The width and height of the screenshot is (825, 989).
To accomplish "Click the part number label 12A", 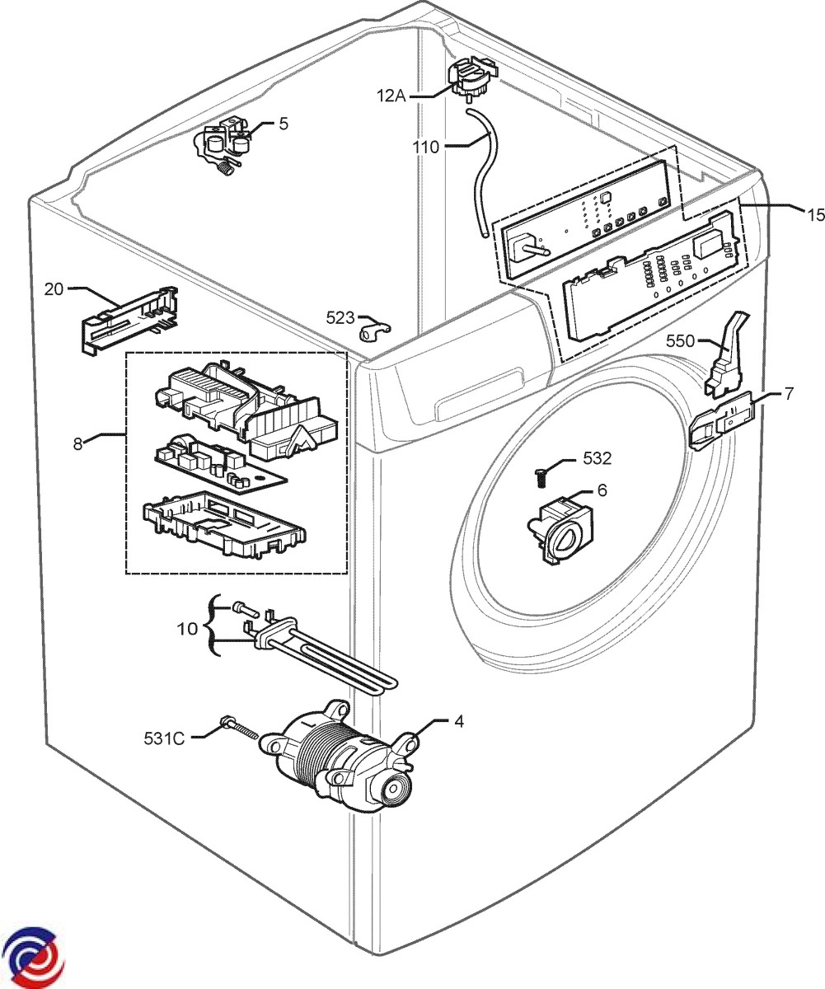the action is [391, 96].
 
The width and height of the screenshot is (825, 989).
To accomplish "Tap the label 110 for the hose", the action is [426, 148].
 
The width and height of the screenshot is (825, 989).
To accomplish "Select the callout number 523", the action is [340, 318].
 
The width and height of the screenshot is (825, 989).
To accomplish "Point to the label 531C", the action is [164, 738].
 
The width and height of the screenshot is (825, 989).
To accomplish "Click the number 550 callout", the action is [680, 340].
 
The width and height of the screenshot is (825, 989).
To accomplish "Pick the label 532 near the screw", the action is [598, 458].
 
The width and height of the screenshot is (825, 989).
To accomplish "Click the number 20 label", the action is [54, 289].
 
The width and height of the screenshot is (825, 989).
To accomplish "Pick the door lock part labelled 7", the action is [722, 420].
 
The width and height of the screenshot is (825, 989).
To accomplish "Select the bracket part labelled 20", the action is [129, 320].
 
